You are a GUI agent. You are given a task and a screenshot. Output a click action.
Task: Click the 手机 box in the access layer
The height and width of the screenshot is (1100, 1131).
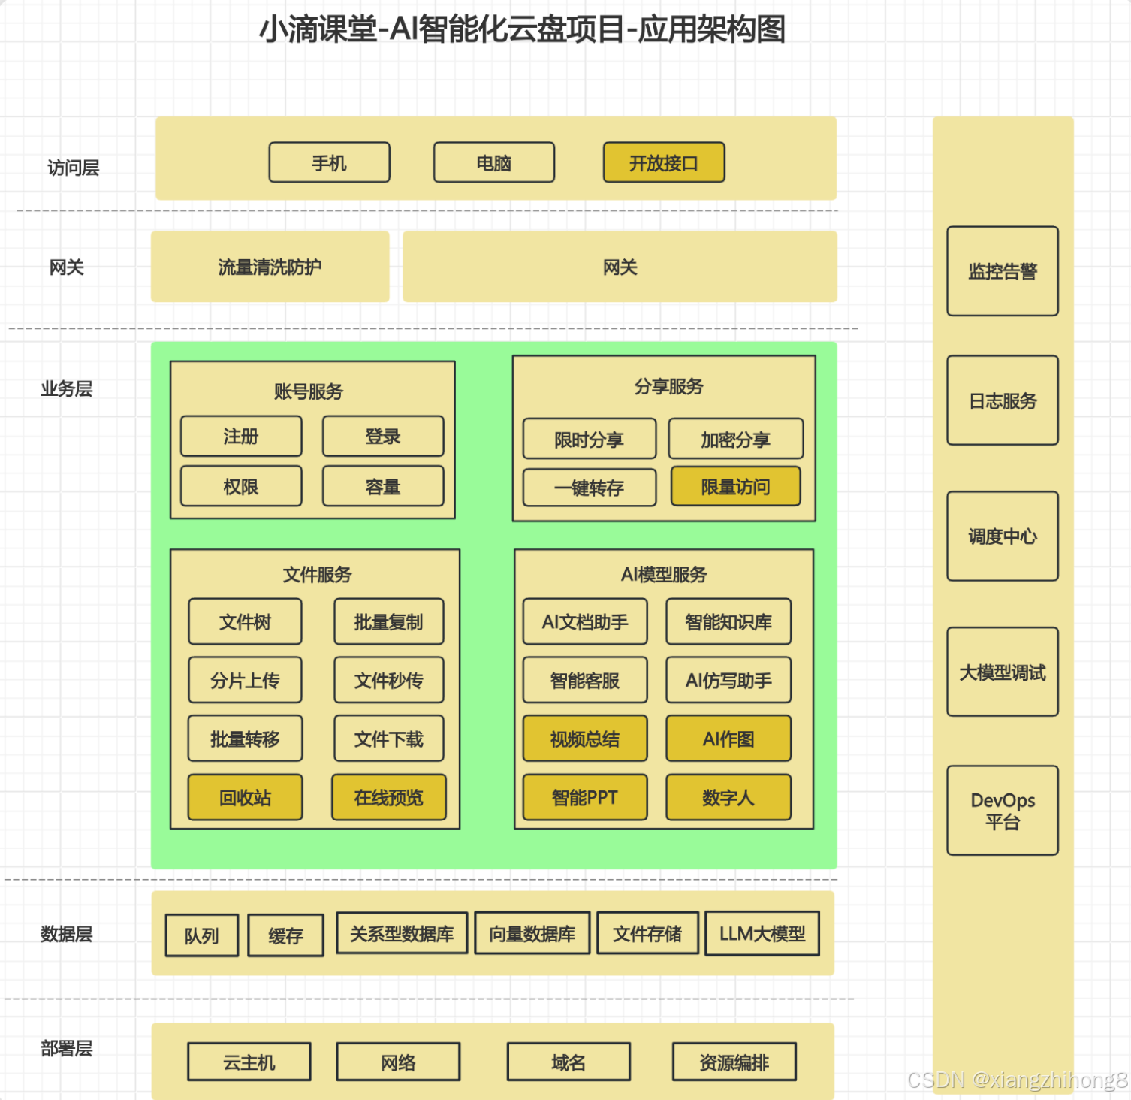pyautogui.click(x=329, y=162)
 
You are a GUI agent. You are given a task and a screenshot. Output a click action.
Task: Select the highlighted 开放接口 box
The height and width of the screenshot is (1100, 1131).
pyautogui.click(x=664, y=162)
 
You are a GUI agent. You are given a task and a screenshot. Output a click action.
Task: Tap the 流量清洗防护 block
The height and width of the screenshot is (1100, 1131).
pyautogui.click(x=270, y=267)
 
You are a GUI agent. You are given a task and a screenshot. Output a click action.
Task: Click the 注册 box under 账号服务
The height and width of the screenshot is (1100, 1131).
pyautogui.click(x=241, y=437)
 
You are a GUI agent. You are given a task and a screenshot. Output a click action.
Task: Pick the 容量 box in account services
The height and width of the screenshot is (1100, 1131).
pyautogui.click(x=383, y=487)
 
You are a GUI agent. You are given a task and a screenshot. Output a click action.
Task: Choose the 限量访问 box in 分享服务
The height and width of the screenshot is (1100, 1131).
pyautogui.click(x=735, y=487)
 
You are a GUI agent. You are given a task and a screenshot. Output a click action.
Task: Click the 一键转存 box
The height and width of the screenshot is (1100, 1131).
pyautogui.click(x=590, y=488)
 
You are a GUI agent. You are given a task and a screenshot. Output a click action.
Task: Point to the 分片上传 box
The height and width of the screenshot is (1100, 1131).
pyautogui.click(x=245, y=680)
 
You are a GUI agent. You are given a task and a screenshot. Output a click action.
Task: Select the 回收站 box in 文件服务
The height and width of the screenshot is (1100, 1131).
pyautogui.click(x=245, y=797)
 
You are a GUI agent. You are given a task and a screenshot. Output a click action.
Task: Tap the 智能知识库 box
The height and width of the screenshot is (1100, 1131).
pyautogui.click(x=728, y=621)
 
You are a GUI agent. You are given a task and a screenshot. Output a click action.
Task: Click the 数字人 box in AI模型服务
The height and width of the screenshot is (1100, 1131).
pyautogui.click(x=728, y=797)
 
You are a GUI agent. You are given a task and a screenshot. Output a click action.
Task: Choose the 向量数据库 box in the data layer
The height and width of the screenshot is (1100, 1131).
pyautogui.click(x=532, y=933)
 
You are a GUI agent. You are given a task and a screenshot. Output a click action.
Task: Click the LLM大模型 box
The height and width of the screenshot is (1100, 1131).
pyautogui.click(x=762, y=933)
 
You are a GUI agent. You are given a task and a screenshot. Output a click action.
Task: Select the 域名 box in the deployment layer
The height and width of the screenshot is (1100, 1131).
pyautogui.click(x=569, y=1062)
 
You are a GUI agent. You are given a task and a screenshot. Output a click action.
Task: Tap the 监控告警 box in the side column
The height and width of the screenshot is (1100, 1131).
pyautogui.click(x=1003, y=271)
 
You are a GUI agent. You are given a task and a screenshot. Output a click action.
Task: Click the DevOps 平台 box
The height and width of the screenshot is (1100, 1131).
pyautogui.click(x=1003, y=811)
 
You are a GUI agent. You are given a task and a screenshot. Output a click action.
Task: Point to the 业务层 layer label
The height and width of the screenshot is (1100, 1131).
pyautogui.click(x=67, y=388)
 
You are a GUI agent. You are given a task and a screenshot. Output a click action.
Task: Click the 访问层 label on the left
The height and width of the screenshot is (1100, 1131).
pyautogui.click(x=74, y=168)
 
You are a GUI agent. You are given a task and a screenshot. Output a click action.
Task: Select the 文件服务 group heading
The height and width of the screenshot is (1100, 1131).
pyautogui.click(x=317, y=575)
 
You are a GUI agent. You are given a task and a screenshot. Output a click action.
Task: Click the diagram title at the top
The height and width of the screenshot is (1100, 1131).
pyautogui.click(x=523, y=30)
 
